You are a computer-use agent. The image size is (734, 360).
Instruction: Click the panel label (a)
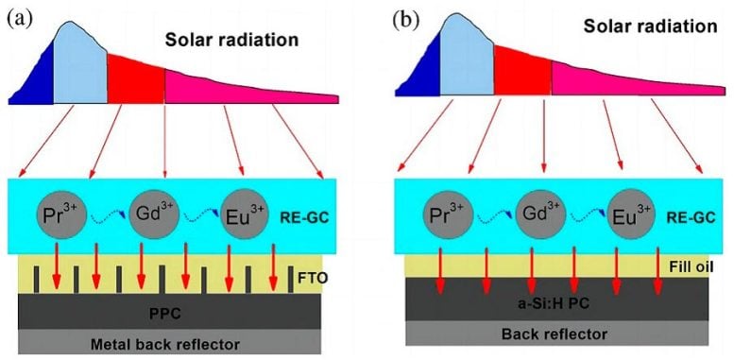[16, 16]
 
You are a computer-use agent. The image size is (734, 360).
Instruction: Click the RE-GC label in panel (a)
[304, 214]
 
